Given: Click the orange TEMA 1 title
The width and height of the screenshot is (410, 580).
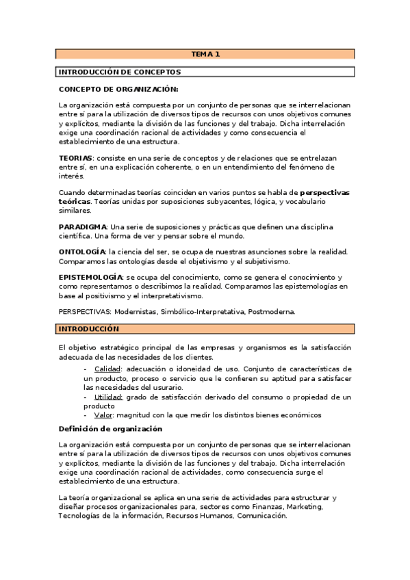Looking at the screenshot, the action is [x=205, y=53].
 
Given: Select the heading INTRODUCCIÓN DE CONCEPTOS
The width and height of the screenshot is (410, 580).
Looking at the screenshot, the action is [x=120, y=71].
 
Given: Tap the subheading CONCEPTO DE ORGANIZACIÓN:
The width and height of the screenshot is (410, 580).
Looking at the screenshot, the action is [x=118, y=89].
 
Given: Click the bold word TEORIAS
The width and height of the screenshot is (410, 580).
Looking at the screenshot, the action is [x=75, y=158].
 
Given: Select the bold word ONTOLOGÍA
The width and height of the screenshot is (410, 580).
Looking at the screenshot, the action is [x=82, y=252].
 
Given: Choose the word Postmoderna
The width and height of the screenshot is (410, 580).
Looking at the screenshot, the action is [x=271, y=311].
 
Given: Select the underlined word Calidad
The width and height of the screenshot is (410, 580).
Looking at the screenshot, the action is [x=107, y=369].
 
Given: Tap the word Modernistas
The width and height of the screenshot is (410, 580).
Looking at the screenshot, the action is [x=136, y=311].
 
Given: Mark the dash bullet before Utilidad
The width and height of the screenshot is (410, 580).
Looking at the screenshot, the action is [x=86, y=397].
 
